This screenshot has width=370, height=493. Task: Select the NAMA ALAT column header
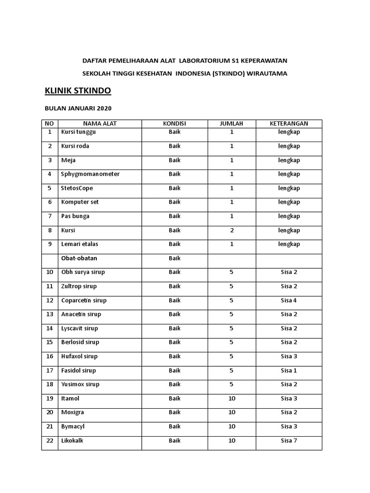pos(100,124)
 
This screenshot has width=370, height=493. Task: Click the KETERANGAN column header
pos(289,124)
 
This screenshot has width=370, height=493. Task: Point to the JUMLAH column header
pos(232,124)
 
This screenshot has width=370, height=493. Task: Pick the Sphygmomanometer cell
pos(90,174)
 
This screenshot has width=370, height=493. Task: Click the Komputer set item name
pos(80,202)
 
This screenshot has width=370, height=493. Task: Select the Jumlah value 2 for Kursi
pos(232,231)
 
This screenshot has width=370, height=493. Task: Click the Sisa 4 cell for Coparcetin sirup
pos(289,300)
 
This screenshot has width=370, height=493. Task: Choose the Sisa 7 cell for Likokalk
pos(289,441)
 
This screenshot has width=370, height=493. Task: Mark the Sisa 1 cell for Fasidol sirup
pos(289,371)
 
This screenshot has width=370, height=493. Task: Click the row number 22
pos(50,441)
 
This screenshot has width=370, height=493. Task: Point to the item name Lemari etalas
pos(79,245)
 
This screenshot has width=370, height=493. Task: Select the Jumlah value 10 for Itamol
pos(232,399)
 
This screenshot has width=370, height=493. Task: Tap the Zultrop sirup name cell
pos(79,286)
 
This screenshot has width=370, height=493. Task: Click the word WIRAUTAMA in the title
pos(266,73)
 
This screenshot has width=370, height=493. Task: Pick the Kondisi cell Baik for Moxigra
pos(174,413)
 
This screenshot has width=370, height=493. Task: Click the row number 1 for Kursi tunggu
pos(50,132)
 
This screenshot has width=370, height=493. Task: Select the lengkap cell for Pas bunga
pos(289,217)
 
